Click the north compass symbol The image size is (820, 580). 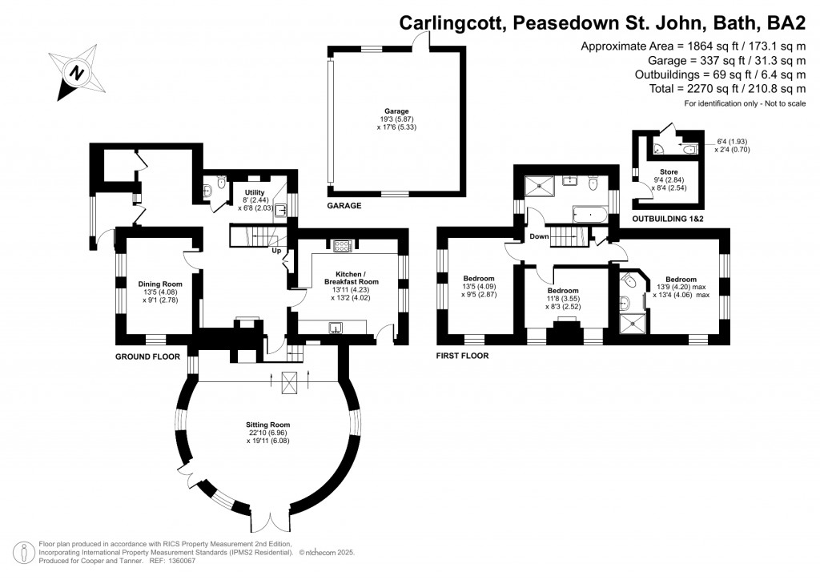tap(78, 73)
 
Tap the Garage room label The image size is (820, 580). tap(396, 111)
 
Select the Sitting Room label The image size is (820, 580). tap(268, 425)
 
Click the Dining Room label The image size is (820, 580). tap(161, 284)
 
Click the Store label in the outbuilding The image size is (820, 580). tap(669, 171)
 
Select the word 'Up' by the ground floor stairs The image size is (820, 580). tap(276, 251)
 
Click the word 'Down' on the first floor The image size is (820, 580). tap(539, 236)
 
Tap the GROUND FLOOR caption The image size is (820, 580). tap(147, 355)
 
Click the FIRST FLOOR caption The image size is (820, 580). tap(462, 355)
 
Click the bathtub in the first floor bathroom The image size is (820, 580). tap(590, 213)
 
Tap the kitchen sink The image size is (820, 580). tap(336, 326)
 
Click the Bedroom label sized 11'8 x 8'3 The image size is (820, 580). tap(563, 291)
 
